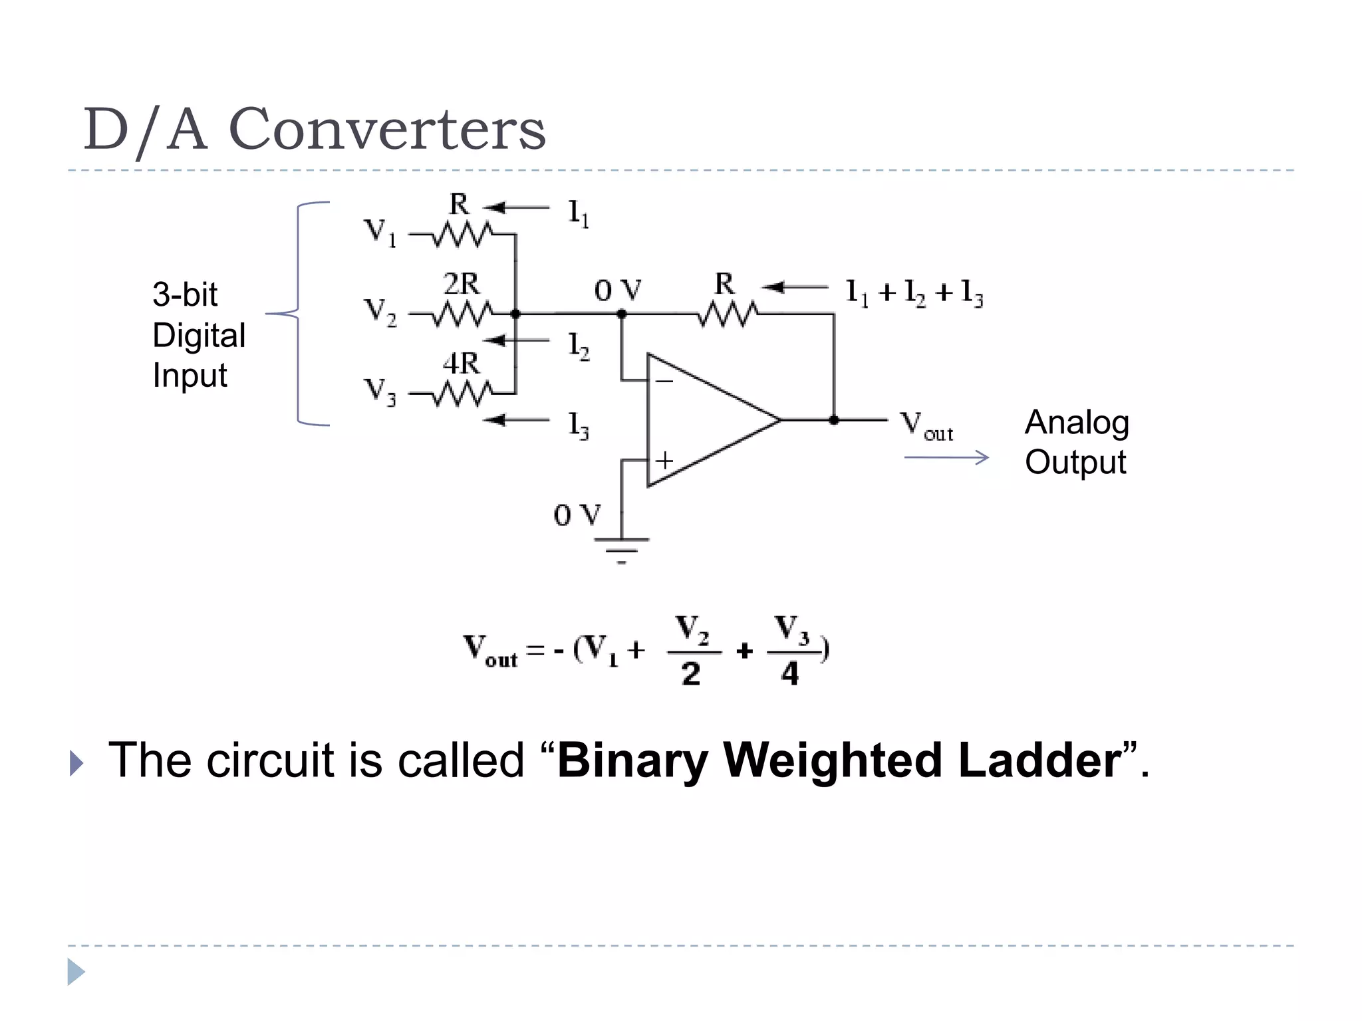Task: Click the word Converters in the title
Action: pos(387,130)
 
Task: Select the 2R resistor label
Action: pos(461,284)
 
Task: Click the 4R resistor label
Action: pos(461,364)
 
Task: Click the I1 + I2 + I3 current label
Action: pos(914,292)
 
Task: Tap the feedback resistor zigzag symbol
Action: pos(727,314)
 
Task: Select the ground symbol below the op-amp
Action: pos(621,549)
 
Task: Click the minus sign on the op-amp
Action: pos(664,382)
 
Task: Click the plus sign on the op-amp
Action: pos(664,460)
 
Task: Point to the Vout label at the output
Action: pos(926,425)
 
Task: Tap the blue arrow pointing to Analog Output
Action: pos(946,457)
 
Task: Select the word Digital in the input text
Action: pos(199,335)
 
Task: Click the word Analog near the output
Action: pos(1077,423)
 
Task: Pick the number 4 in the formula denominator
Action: pos(789,674)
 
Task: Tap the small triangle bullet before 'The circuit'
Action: pos(76,764)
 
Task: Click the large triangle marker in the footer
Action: pos(76,972)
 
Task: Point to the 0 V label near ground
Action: pos(577,515)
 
